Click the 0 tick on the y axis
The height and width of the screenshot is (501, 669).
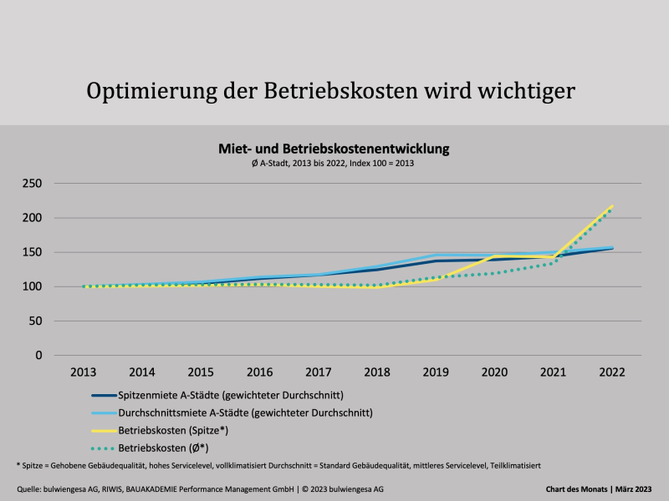pos(38,355)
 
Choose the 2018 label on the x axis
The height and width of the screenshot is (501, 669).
pos(378,371)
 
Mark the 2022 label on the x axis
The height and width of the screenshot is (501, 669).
pos(612,371)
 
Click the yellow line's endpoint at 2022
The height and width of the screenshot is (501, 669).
pos(612,205)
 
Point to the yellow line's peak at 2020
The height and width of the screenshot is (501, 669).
pos(495,256)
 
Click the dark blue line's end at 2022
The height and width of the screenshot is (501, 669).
pos(612,248)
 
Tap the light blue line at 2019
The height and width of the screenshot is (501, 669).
pos(437,256)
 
